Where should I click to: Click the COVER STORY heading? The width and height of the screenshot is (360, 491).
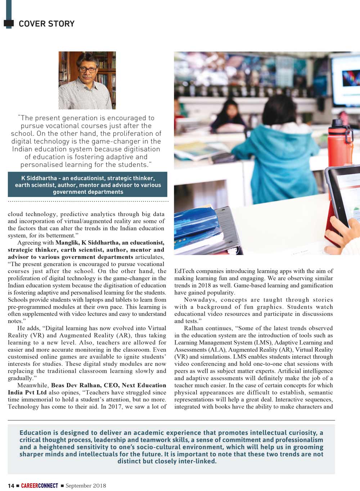tap(46, 24)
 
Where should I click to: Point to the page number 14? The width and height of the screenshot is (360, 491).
tap(11, 486)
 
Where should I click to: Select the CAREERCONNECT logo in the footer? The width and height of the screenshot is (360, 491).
tap(39, 486)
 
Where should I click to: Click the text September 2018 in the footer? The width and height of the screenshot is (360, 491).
tap(86, 486)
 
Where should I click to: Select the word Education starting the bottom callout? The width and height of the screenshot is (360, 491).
tap(35, 433)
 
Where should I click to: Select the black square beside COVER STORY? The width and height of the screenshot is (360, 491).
tap(9, 23)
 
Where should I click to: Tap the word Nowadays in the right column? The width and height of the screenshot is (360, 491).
tap(200, 300)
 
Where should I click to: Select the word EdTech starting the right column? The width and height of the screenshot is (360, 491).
tap(184, 271)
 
